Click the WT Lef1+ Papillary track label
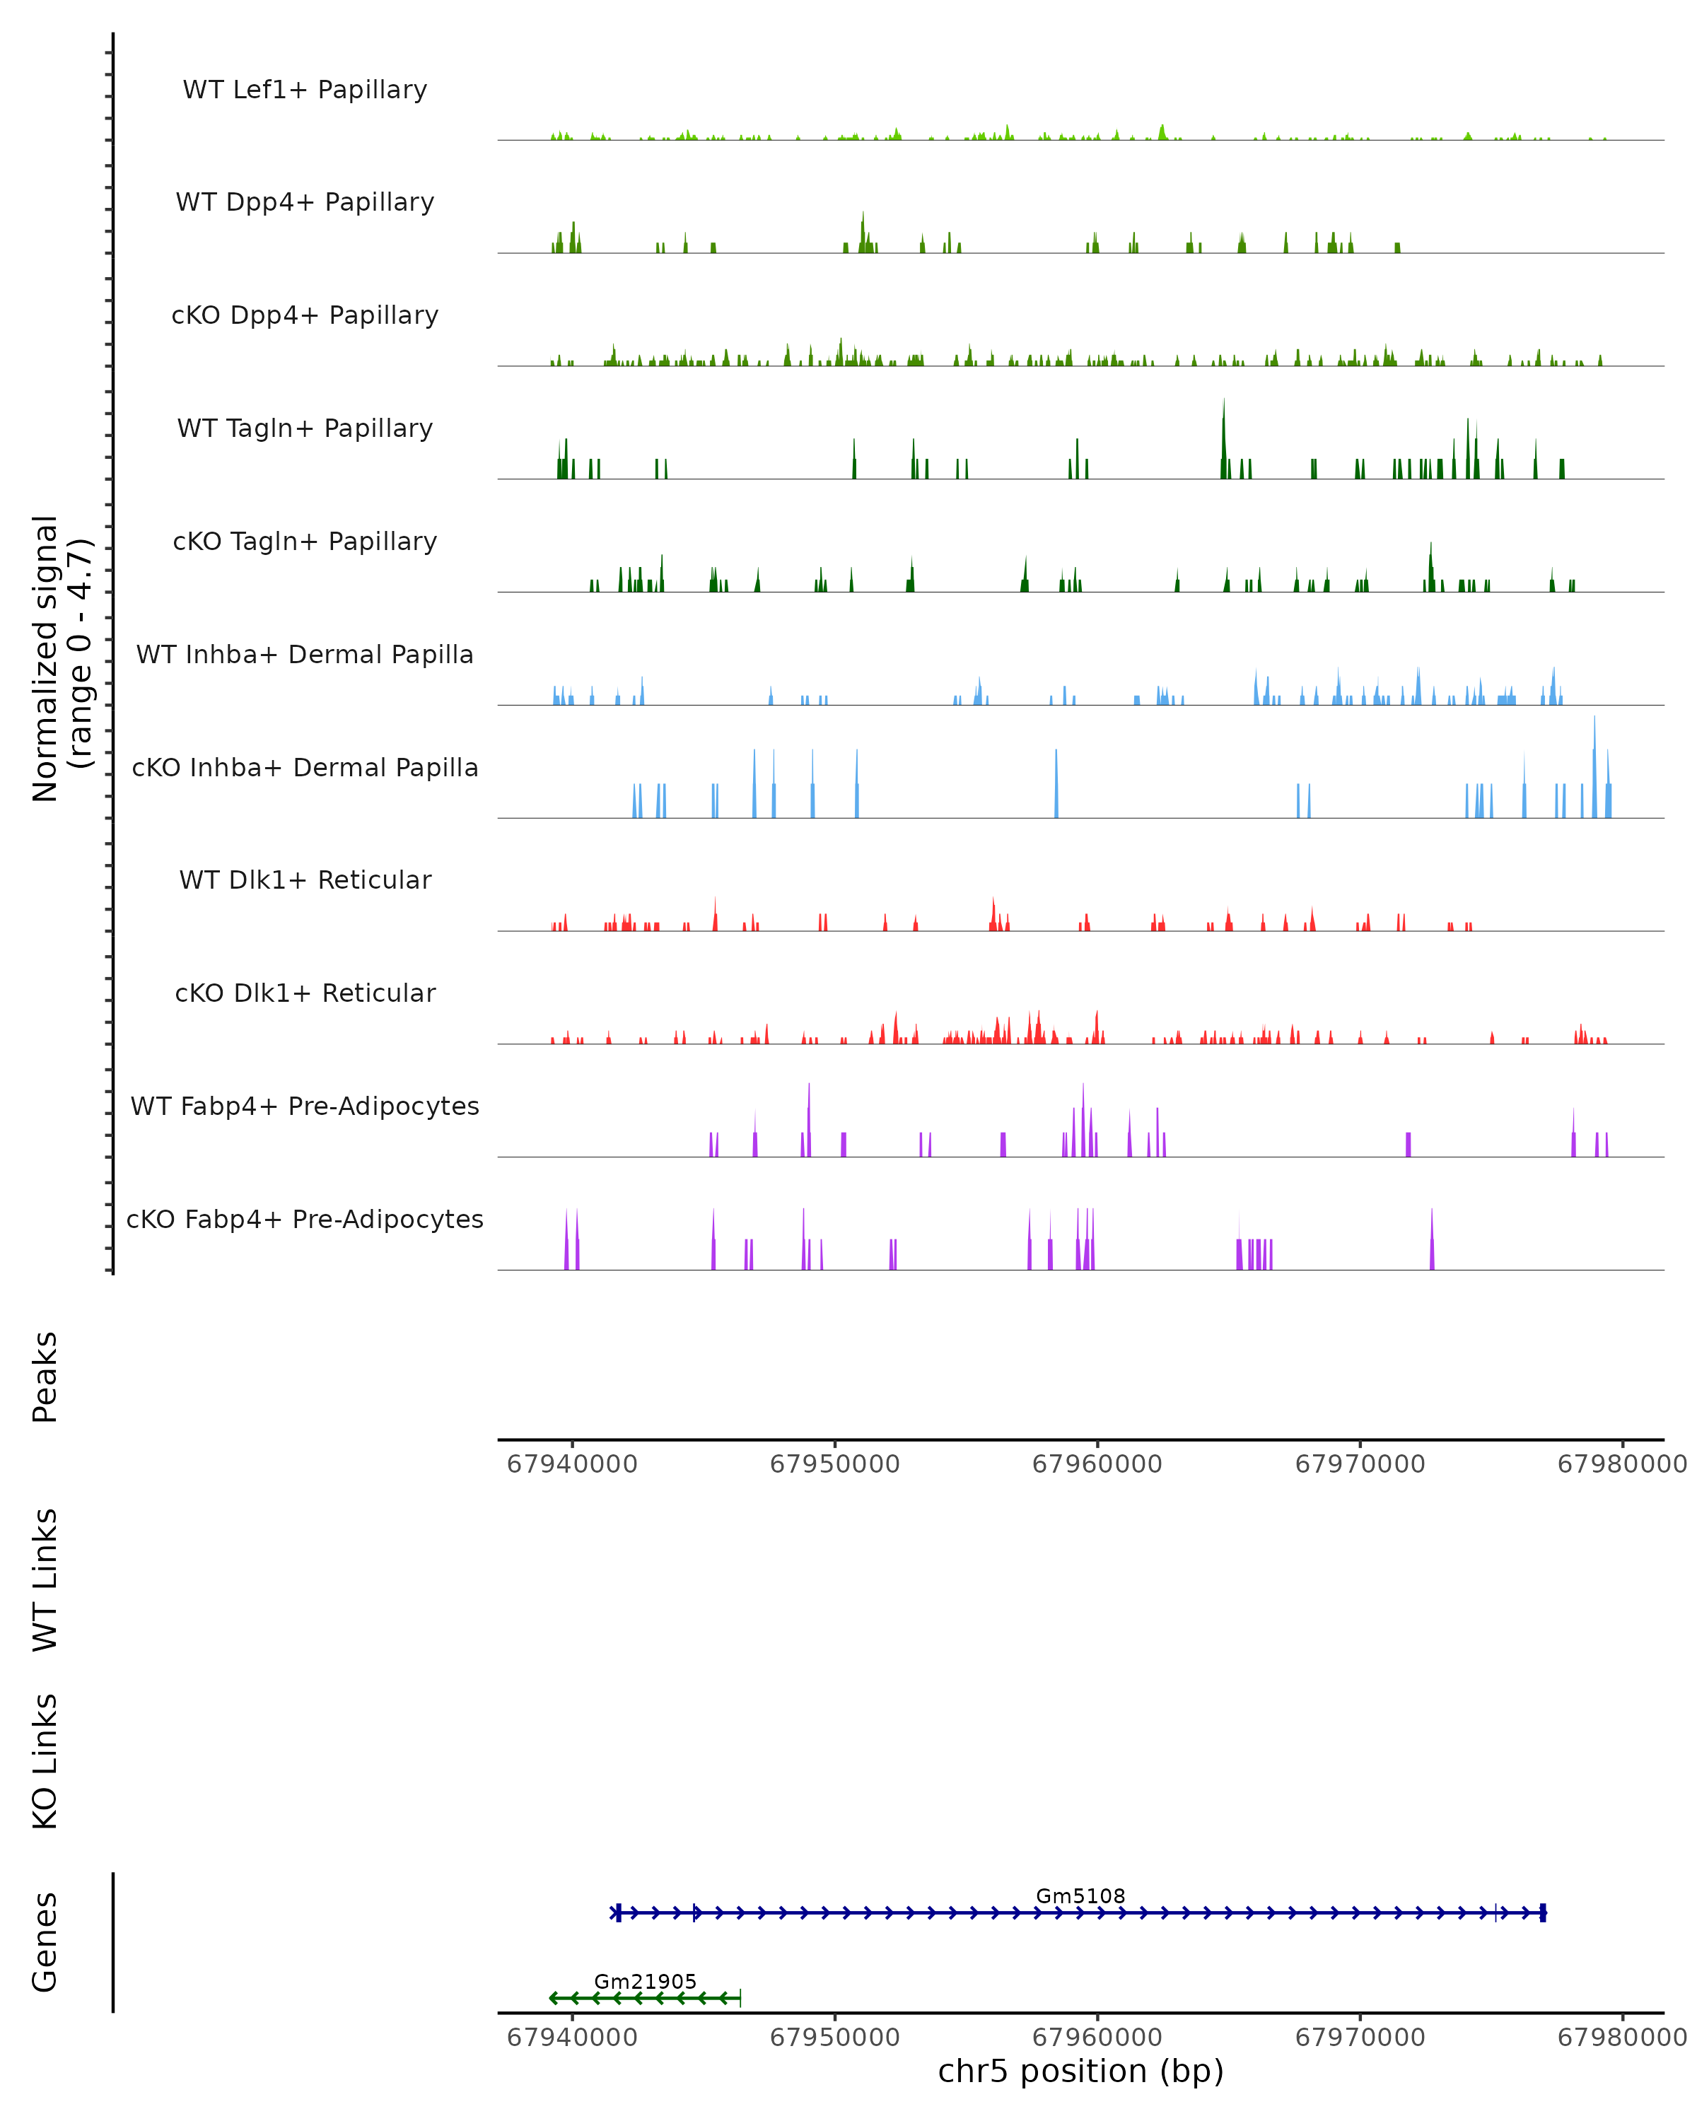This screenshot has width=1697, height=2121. click(305, 90)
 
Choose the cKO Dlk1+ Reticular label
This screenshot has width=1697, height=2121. click(305, 993)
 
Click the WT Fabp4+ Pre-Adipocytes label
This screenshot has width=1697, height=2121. click(305, 1106)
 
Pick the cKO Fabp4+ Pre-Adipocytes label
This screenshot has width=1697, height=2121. click(305, 1219)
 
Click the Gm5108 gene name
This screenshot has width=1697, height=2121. click(1080, 1895)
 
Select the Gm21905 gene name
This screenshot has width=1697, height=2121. click(646, 1981)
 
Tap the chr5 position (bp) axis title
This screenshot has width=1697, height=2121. click(1080, 2071)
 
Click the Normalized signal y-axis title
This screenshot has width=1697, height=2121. click(61, 658)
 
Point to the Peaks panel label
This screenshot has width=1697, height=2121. click(45, 1377)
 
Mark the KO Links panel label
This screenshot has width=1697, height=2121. click(45, 1762)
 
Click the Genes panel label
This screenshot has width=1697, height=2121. click(45, 1942)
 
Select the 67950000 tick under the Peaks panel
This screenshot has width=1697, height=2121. click(834, 1464)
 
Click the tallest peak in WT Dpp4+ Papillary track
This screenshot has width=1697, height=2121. click(863, 214)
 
